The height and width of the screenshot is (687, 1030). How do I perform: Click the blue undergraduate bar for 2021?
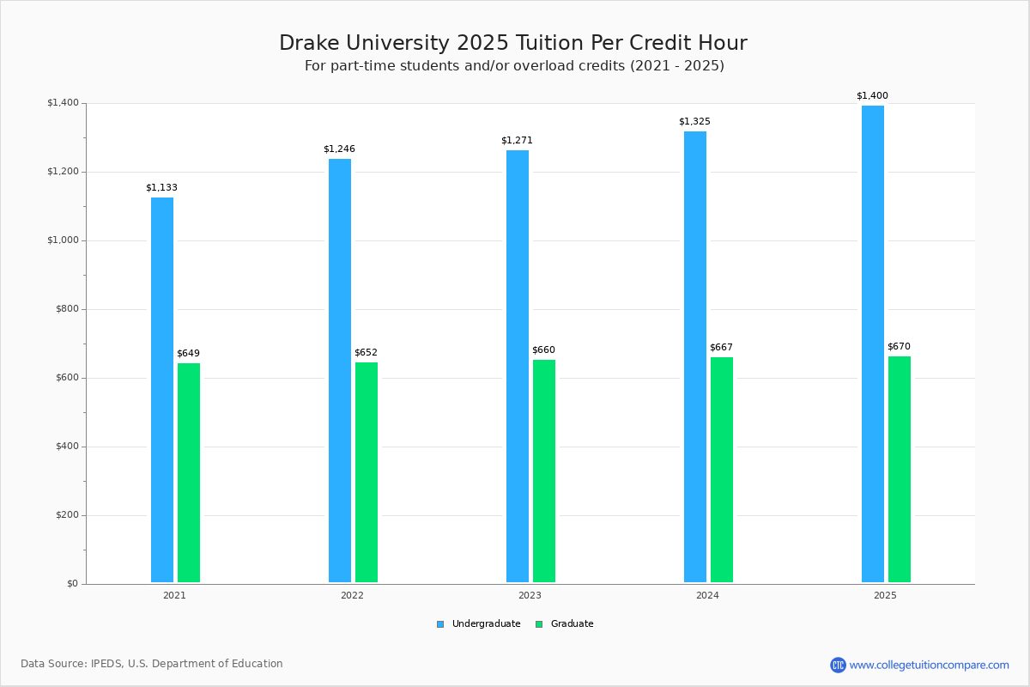pyautogui.click(x=162, y=390)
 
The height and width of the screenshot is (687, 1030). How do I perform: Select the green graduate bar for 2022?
pyautogui.click(x=367, y=472)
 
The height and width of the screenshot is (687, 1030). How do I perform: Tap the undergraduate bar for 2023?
pyautogui.click(x=518, y=366)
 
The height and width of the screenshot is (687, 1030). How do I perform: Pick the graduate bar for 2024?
pyautogui.click(x=722, y=470)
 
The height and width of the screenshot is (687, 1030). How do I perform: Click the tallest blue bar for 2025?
pyautogui.click(x=873, y=343)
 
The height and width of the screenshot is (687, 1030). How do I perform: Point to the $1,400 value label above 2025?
pyautogui.click(x=872, y=96)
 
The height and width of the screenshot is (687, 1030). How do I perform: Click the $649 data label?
pyautogui.click(x=188, y=354)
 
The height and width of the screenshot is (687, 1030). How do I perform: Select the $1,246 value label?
pyautogui.click(x=339, y=149)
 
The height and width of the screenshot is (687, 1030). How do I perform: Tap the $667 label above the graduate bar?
pyautogui.click(x=721, y=348)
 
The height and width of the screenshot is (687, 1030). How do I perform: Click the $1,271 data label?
pyautogui.click(x=517, y=141)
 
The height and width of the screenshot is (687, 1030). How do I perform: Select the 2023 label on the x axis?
pyautogui.click(x=530, y=595)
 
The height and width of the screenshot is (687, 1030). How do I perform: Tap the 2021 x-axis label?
pyautogui.click(x=174, y=595)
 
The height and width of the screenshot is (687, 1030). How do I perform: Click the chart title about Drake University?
pyautogui.click(x=513, y=43)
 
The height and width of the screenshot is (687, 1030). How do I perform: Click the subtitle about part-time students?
pyautogui.click(x=514, y=66)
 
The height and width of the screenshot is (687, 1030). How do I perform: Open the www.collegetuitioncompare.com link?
pyautogui.click(x=929, y=665)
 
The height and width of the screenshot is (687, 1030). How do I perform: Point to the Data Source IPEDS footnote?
pyautogui.click(x=152, y=664)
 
